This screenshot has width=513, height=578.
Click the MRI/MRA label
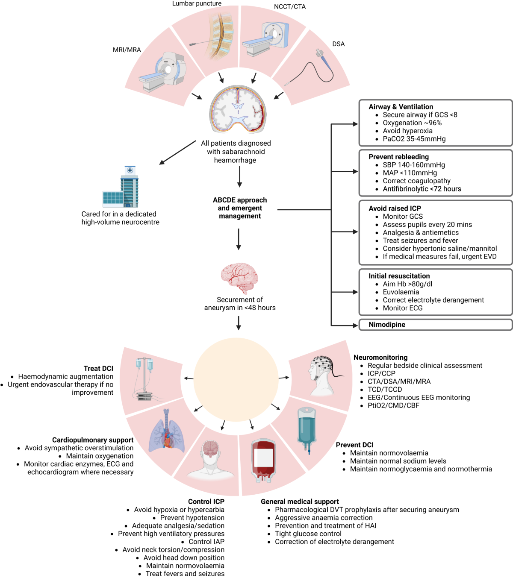127,50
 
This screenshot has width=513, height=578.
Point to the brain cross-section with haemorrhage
238,109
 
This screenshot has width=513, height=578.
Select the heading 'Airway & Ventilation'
401,107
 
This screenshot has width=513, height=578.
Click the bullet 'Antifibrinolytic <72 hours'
422,189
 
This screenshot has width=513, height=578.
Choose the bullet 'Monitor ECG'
402,308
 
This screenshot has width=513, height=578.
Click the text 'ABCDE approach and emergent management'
240,208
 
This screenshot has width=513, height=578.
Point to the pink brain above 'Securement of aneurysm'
239,278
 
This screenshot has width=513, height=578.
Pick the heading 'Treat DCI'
98,368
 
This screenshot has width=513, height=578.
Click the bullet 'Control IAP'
206,542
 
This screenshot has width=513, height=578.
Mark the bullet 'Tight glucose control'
308,534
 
